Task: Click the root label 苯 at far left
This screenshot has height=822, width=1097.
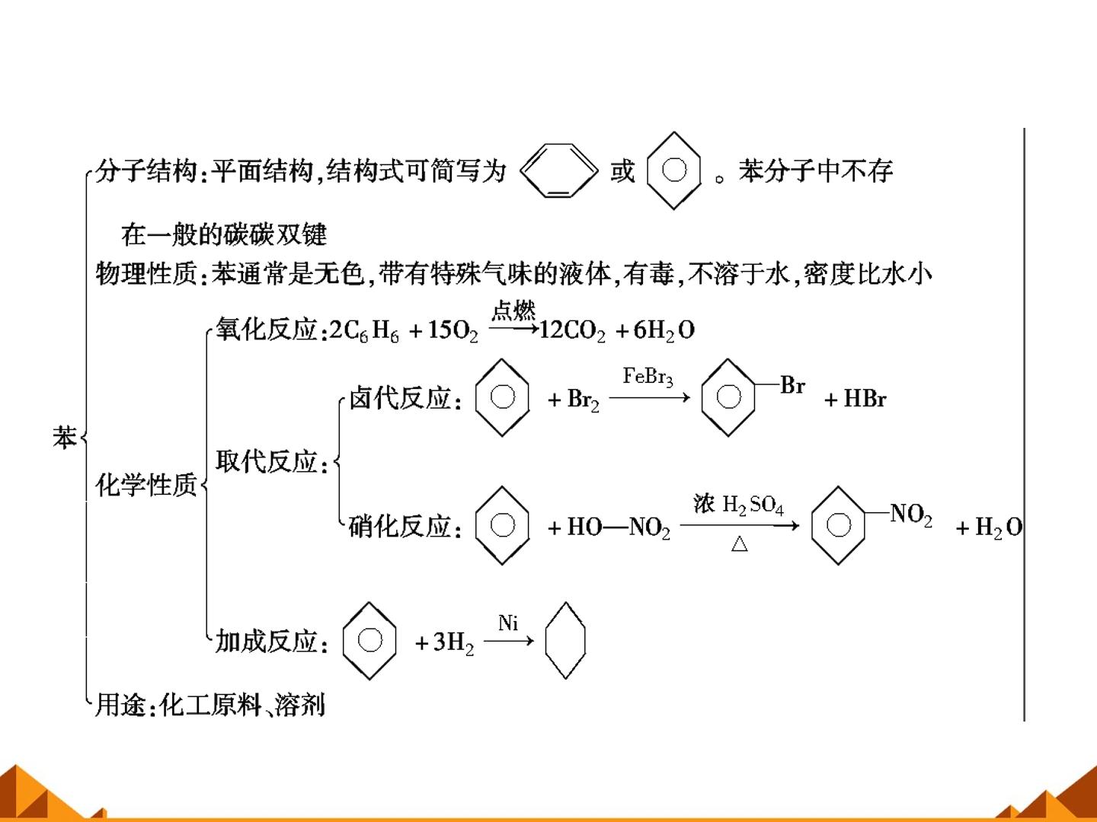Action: pyautogui.click(x=65, y=438)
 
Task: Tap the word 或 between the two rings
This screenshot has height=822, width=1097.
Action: pyautogui.click(x=622, y=171)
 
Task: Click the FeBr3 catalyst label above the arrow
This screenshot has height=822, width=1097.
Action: pyautogui.click(x=648, y=376)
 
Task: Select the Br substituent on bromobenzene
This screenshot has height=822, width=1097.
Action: pyautogui.click(x=792, y=385)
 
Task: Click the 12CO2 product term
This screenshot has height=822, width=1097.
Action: pyautogui.click(x=573, y=330)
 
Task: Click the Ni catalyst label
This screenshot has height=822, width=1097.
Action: pyautogui.click(x=508, y=623)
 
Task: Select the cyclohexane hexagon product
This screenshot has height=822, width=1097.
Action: pyautogui.click(x=545, y=640)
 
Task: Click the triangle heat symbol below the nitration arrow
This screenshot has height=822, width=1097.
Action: pyautogui.click(x=739, y=543)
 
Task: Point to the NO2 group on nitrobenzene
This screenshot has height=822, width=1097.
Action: pyautogui.click(x=911, y=514)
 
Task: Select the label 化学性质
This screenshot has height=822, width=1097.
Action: pyautogui.click(x=146, y=485)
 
